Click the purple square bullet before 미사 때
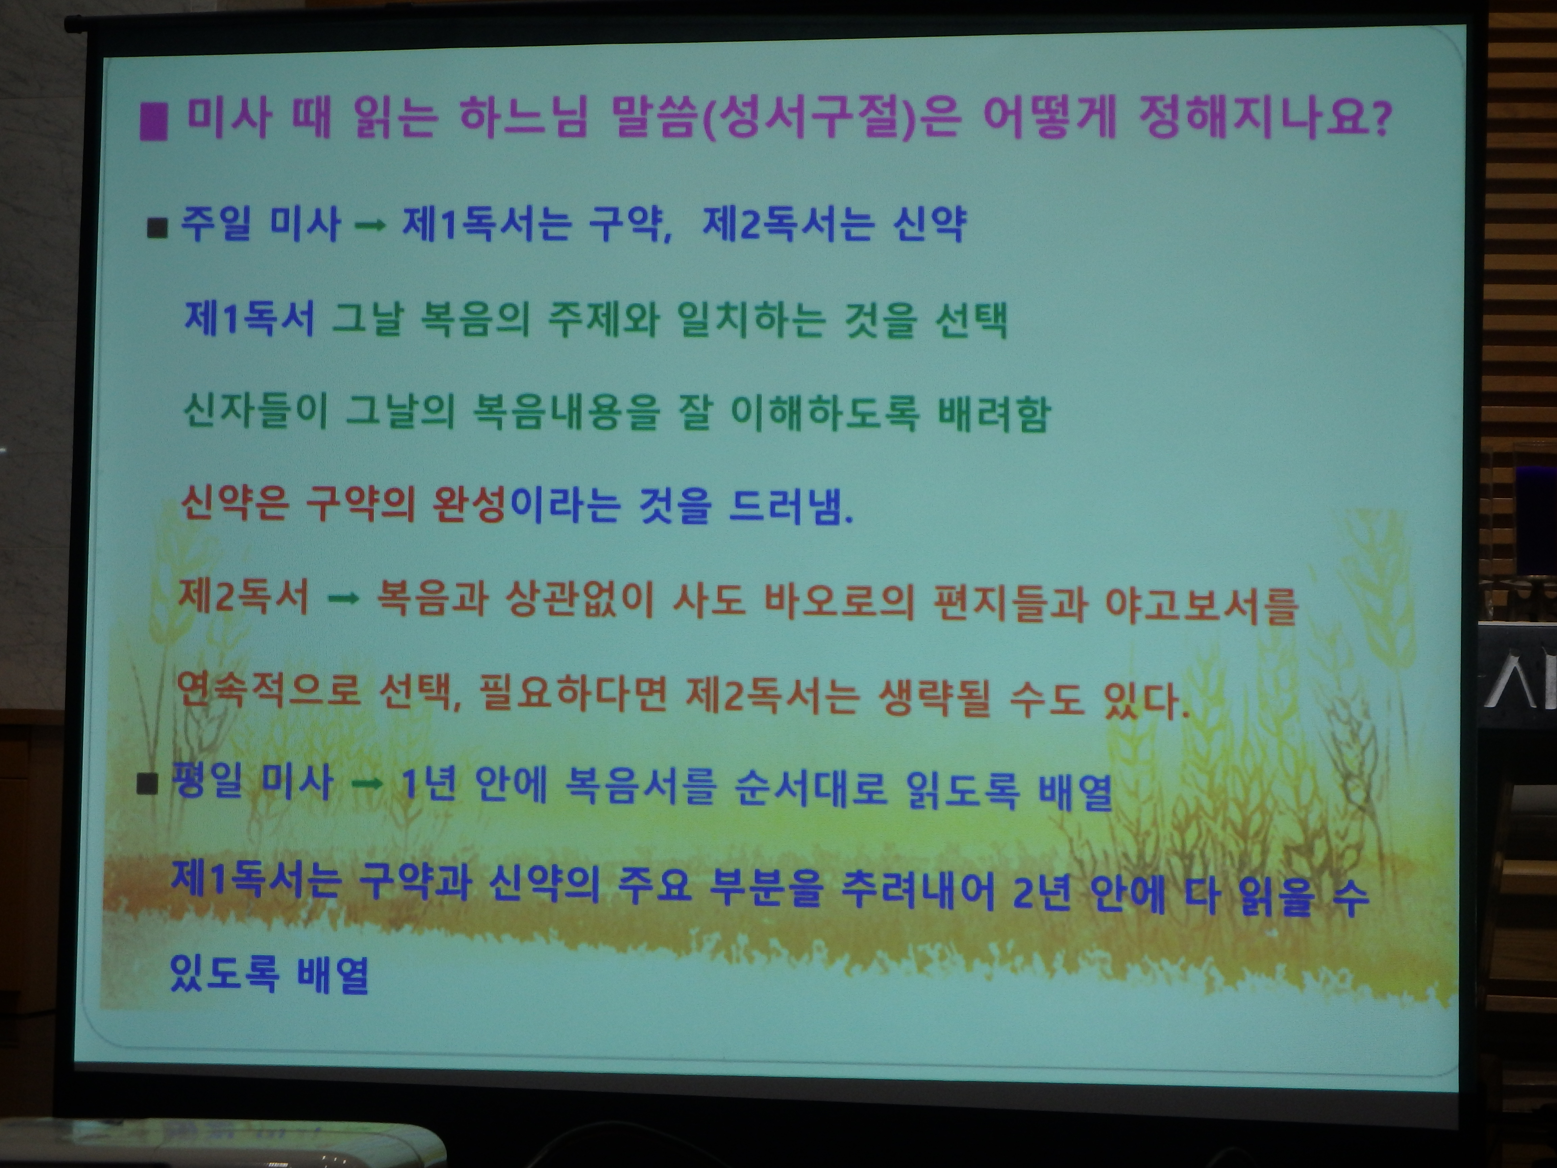[153, 122]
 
